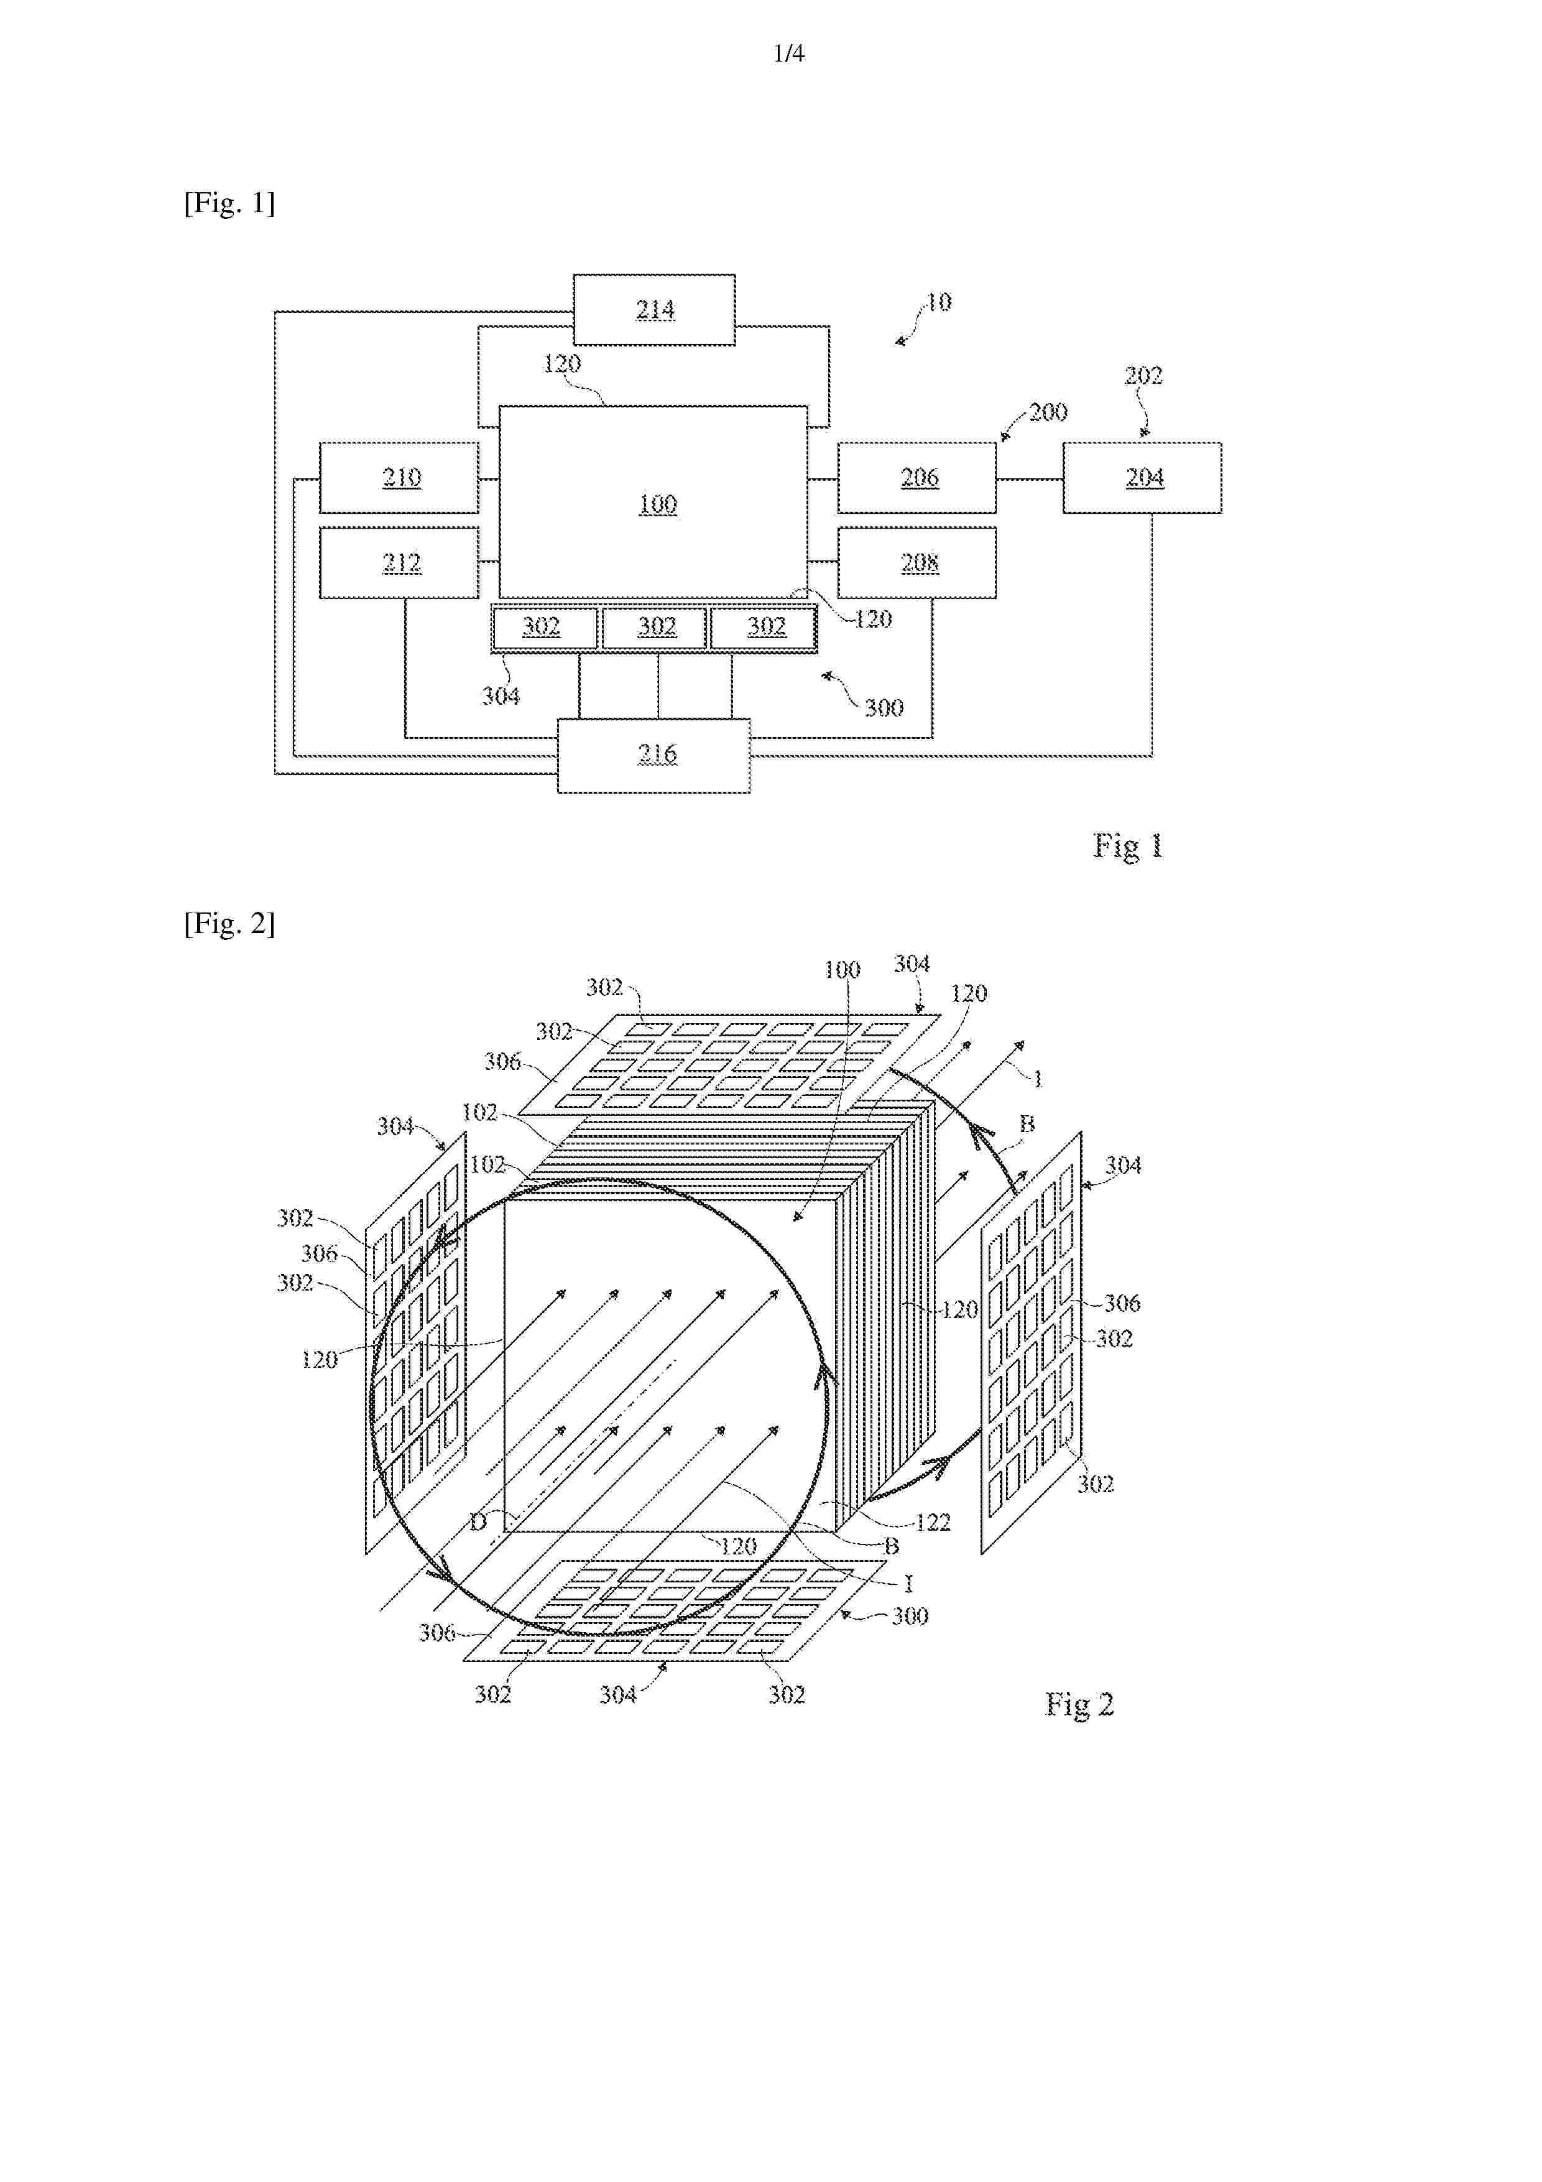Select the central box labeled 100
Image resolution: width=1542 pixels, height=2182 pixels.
coord(653,502)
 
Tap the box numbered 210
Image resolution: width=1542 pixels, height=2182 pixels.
coord(399,477)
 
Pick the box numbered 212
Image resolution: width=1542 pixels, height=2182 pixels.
coord(399,563)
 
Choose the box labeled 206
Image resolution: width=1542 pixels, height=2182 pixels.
coord(917,477)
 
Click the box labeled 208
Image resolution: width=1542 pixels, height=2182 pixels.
coord(917,563)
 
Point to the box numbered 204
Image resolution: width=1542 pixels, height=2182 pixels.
coord(1142,477)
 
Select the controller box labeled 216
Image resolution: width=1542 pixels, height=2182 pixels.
coord(653,756)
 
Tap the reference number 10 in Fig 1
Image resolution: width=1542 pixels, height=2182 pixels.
coord(939,302)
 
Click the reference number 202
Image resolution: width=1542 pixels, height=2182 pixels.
coord(1143,376)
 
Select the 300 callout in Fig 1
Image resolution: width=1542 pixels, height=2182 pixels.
coord(884,707)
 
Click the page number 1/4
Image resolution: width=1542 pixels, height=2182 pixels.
coord(788,54)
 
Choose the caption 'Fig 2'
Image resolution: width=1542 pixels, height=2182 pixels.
coord(1079,1703)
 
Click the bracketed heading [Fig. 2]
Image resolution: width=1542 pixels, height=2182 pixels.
coord(229,923)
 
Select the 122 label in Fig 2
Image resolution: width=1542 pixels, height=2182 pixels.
coord(933,1523)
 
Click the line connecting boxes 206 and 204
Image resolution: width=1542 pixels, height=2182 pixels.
coord(1030,478)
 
